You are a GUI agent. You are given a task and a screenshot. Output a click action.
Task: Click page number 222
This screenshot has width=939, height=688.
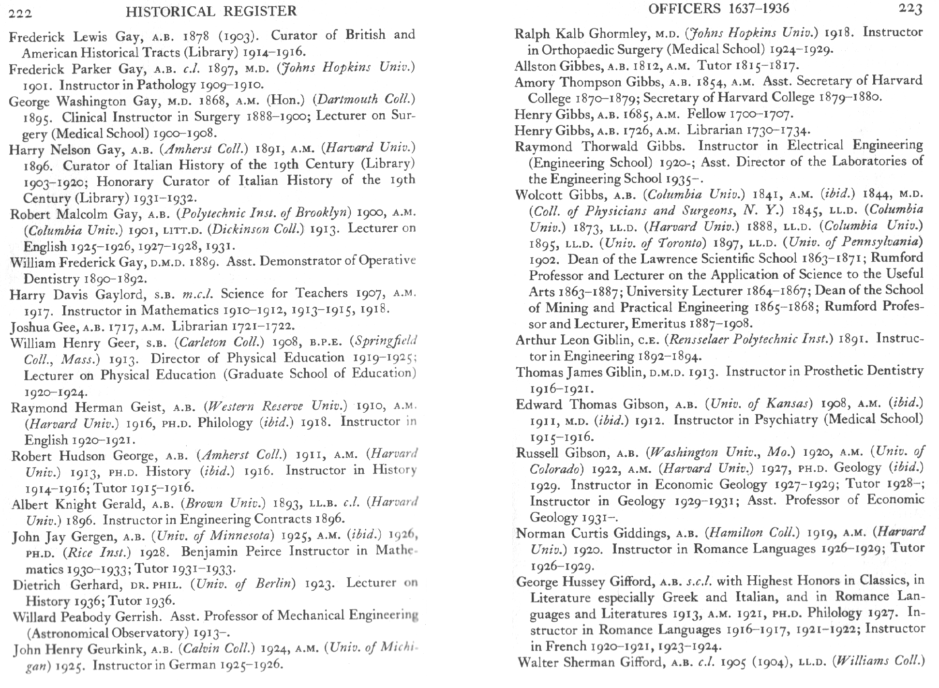tap(20, 13)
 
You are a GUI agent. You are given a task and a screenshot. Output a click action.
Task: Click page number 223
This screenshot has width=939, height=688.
tap(910, 9)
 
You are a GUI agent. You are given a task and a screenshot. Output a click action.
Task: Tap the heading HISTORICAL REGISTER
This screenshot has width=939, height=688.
tap(211, 11)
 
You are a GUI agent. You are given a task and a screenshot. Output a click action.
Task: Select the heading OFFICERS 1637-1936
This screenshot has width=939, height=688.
tap(718, 8)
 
